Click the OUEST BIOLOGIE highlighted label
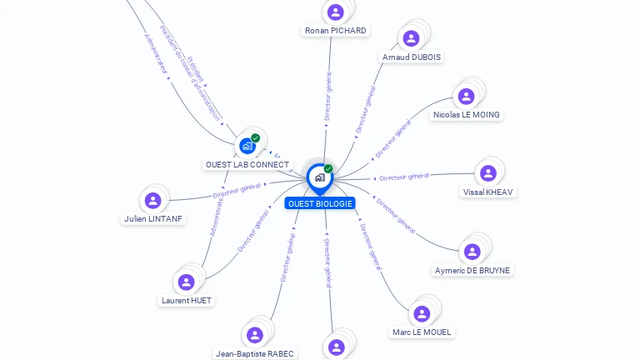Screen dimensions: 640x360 [320, 203]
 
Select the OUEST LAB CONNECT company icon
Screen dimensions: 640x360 [247, 146]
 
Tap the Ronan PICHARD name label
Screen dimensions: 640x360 [336, 31]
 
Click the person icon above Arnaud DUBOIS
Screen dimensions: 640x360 [411, 38]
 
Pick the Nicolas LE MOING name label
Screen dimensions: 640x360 [467, 114]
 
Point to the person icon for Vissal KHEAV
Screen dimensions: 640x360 [488, 173]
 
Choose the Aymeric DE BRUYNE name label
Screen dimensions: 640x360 [472, 271]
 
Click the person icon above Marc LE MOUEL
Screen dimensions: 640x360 [422, 313]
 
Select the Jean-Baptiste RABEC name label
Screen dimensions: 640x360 [254, 353]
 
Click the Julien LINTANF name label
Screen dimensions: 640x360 [152, 219]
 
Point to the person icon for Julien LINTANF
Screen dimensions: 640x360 [152, 201]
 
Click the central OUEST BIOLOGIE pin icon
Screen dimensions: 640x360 [319, 177]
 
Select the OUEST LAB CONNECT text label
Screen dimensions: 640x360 [247, 165]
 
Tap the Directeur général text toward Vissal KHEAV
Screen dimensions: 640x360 [403, 177]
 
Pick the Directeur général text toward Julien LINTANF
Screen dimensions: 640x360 [237, 192]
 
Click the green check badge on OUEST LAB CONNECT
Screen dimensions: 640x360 [256, 138]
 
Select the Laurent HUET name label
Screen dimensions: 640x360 [187, 300]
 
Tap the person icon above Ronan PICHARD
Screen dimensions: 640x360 [336, 12]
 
